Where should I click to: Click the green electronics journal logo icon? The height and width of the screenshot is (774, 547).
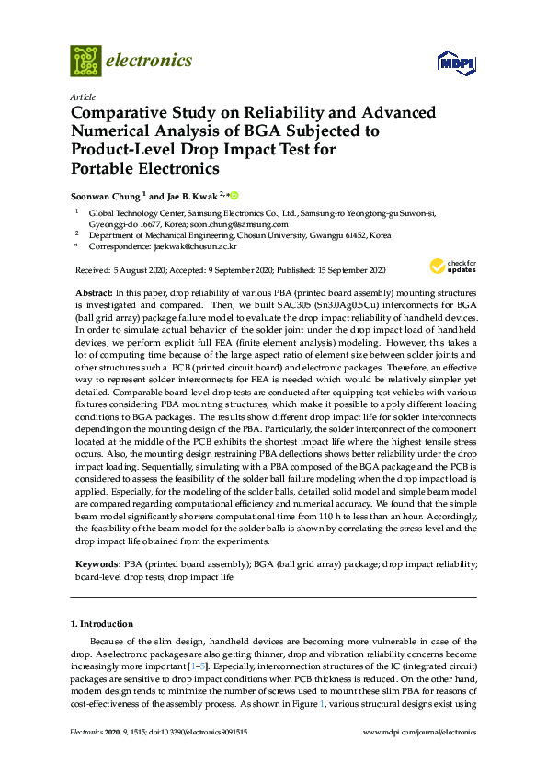(85, 61)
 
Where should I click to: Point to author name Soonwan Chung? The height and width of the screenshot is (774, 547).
(106, 196)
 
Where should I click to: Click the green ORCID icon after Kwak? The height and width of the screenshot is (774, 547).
(234, 196)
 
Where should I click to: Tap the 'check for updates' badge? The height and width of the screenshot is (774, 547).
(451, 267)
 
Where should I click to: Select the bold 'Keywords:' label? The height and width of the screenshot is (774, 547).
(96, 562)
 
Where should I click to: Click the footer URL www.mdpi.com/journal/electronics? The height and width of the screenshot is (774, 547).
(421, 732)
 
